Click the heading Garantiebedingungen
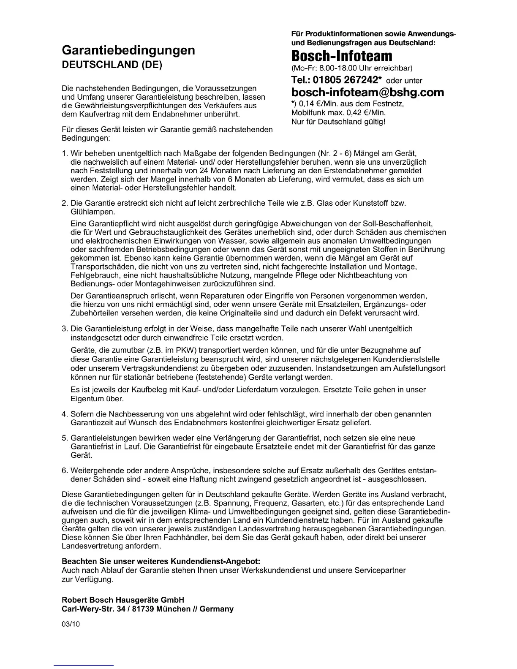coord(128,50)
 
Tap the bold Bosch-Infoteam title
coord(342,56)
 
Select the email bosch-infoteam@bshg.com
coord(367,92)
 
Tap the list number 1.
coord(64,153)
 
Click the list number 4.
coord(64,414)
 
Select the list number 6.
coord(64,470)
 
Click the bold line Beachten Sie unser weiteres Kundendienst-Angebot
coord(161,561)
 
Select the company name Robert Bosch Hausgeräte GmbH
coord(123,600)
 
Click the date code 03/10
coord(71,624)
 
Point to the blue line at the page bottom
coord(84,665)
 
